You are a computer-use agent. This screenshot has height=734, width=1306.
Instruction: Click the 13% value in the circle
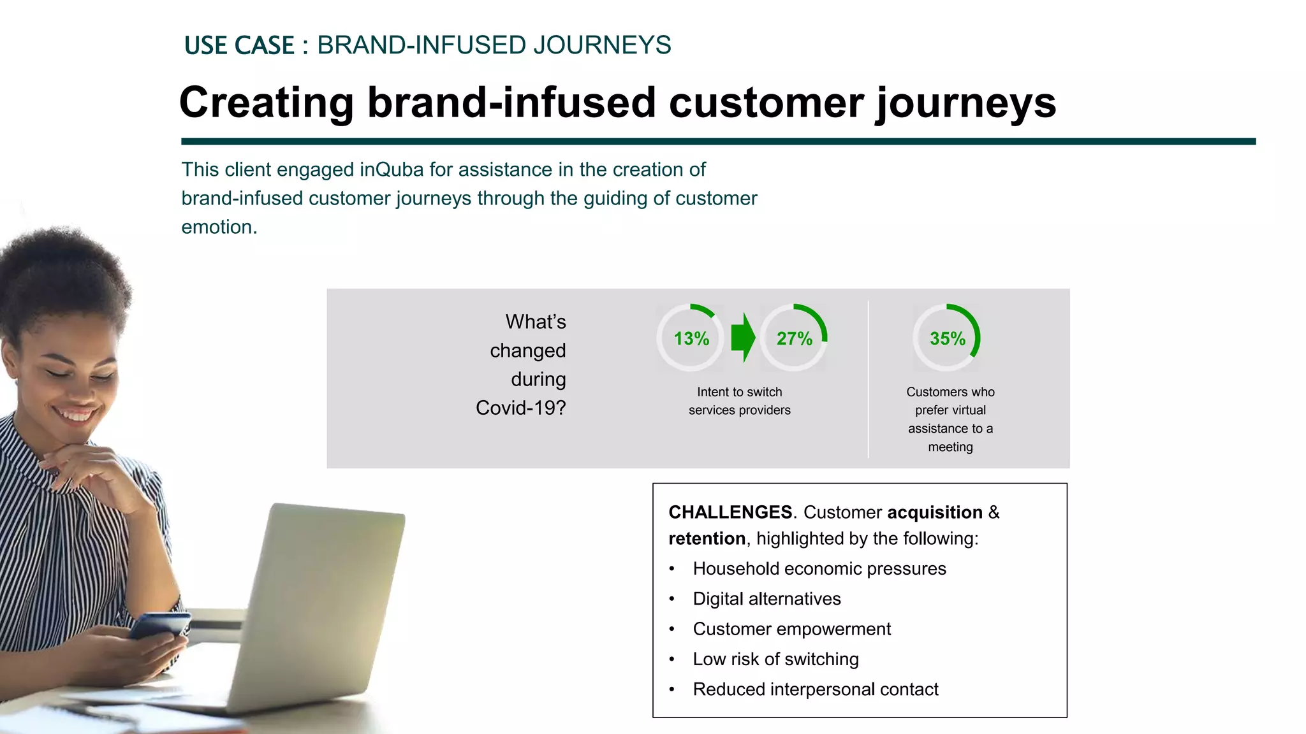click(x=691, y=338)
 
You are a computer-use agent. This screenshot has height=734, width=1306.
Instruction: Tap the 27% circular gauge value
click(x=794, y=338)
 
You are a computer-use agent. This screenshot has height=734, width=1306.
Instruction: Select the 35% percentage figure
click(x=947, y=338)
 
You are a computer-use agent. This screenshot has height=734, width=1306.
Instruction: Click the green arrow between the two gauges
click(x=742, y=338)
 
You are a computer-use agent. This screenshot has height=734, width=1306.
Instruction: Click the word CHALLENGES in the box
click(x=730, y=512)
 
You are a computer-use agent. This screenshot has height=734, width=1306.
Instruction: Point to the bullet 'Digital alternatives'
click(x=767, y=599)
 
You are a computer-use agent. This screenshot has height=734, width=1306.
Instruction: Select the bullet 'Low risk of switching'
click(x=775, y=659)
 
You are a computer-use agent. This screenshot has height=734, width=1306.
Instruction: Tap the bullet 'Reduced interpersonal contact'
click(x=815, y=689)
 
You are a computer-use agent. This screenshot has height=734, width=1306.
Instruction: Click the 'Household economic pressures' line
click(x=819, y=568)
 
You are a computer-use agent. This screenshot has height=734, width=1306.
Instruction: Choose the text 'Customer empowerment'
click(x=791, y=629)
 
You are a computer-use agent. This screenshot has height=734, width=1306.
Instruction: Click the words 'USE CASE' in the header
click(x=239, y=46)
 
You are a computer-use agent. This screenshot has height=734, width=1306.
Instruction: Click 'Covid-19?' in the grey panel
click(x=520, y=408)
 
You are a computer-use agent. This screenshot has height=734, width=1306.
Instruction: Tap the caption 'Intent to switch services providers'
click(x=739, y=401)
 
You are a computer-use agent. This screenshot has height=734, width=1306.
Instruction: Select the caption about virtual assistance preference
click(x=950, y=419)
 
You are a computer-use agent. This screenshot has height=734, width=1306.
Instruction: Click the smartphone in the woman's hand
click(x=159, y=625)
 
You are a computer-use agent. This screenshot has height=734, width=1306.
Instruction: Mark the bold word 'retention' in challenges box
click(x=707, y=539)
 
